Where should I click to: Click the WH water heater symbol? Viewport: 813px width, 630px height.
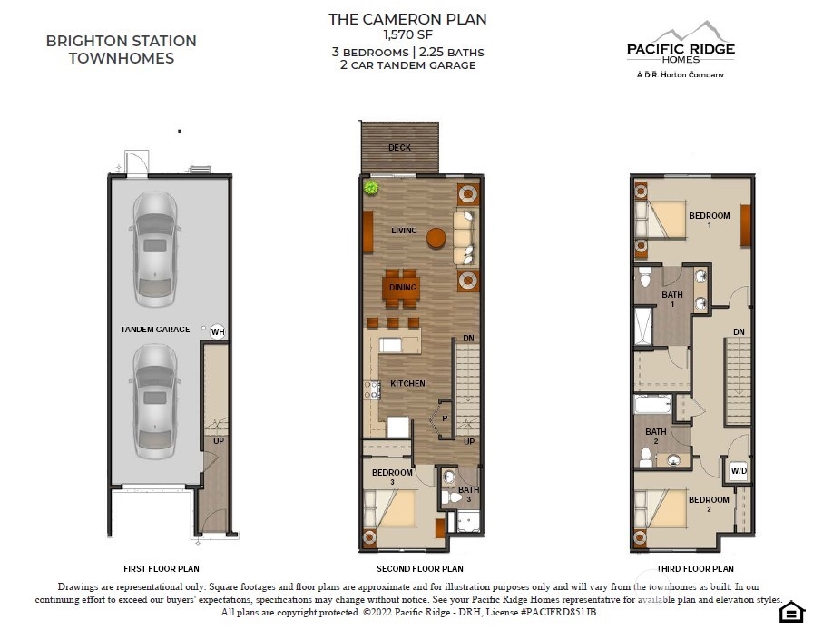coord(218,331)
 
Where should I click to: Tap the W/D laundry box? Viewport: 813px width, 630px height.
coord(739,471)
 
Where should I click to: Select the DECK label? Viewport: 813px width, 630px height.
coord(399,148)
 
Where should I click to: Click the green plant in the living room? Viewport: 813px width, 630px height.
coord(371,187)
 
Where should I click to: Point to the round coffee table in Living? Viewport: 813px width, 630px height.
coord(436,238)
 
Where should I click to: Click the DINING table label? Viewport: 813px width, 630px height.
coord(403,287)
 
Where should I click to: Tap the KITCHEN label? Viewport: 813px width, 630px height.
coord(407,383)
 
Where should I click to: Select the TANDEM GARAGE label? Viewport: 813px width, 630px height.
coord(155,329)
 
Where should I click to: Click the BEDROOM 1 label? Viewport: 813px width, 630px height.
coord(710,220)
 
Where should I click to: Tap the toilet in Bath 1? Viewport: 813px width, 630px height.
coord(645,277)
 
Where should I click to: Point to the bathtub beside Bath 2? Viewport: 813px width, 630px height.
coord(652,405)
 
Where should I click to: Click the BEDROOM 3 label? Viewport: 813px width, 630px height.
coord(392,477)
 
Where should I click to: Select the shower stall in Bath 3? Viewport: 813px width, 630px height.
coord(469,522)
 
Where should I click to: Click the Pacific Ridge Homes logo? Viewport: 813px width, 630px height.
coord(681,49)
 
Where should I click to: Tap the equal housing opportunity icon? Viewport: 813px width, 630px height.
coord(791,612)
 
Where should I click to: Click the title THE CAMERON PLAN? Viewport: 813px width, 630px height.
coord(407,19)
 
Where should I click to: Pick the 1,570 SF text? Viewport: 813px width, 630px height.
coord(407,34)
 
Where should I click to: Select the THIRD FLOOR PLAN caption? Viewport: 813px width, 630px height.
coord(695,569)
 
